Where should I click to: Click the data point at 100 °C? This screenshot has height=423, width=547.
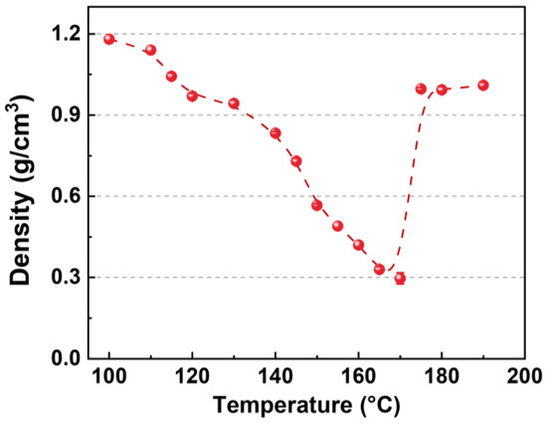[109, 39]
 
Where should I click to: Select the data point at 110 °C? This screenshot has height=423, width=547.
[150, 50]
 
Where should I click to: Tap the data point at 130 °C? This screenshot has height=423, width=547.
[234, 104]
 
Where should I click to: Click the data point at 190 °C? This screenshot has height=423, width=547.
[483, 86]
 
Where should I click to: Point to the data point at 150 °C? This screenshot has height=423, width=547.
[316, 205]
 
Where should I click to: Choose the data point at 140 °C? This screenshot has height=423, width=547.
[275, 133]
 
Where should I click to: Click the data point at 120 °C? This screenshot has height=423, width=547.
[192, 96]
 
